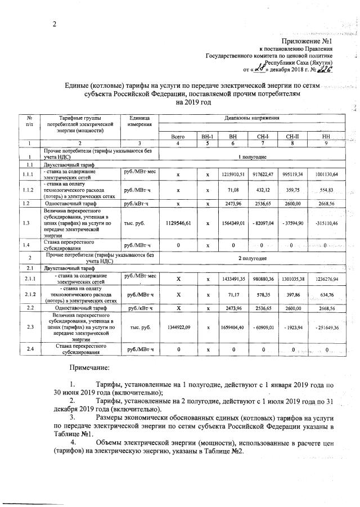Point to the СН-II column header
pyautogui.click(x=292, y=137)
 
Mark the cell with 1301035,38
pyautogui.click(x=292, y=279)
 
